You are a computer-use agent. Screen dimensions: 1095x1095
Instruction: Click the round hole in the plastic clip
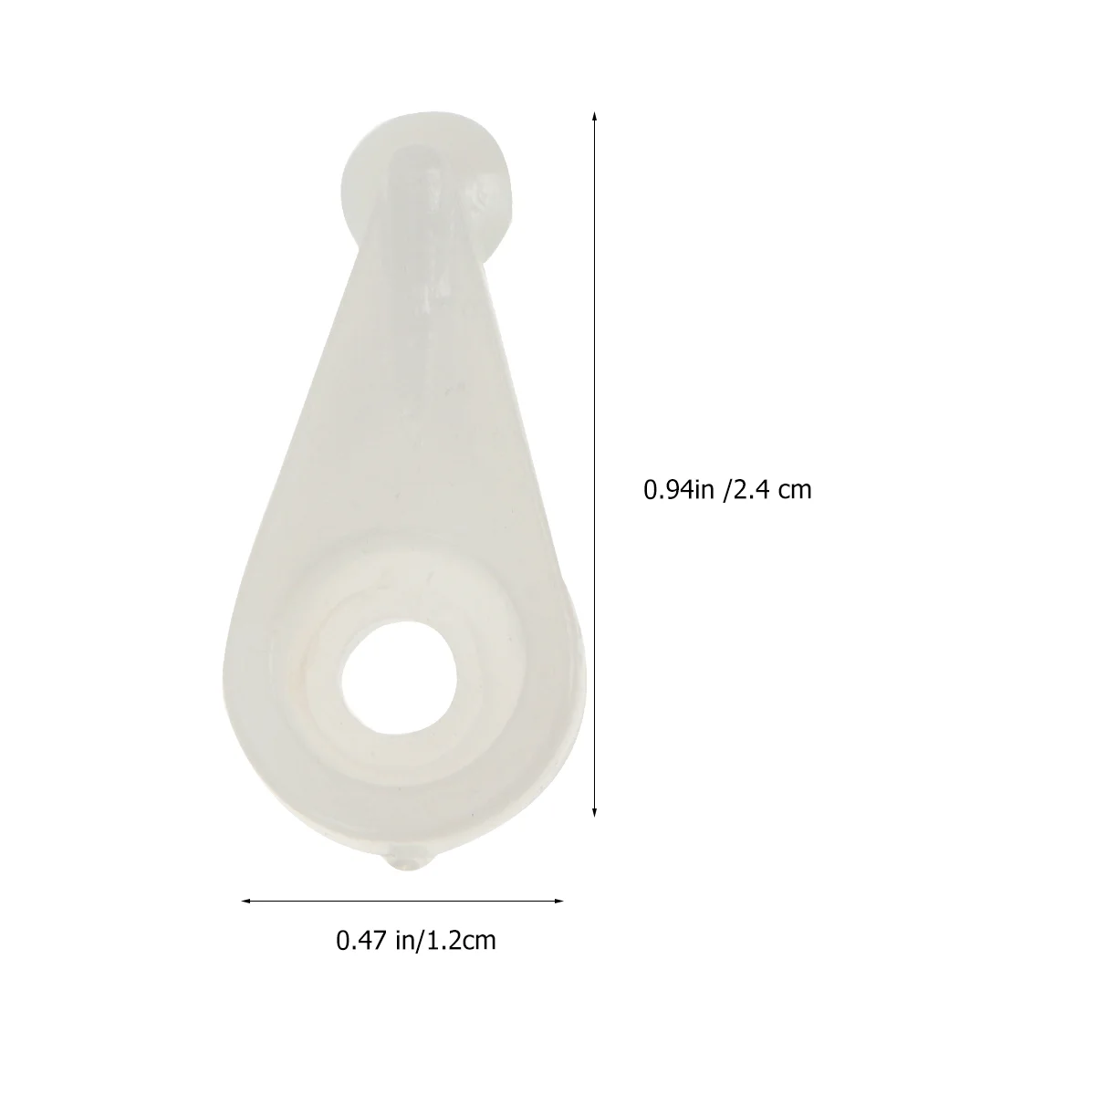[x=399, y=677]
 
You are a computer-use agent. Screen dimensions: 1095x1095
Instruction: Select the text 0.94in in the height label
[x=679, y=490]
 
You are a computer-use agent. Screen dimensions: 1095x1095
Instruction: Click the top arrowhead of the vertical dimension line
[x=594, y=117]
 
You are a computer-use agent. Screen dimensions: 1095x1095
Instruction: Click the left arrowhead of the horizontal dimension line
[x=246, y=901]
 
